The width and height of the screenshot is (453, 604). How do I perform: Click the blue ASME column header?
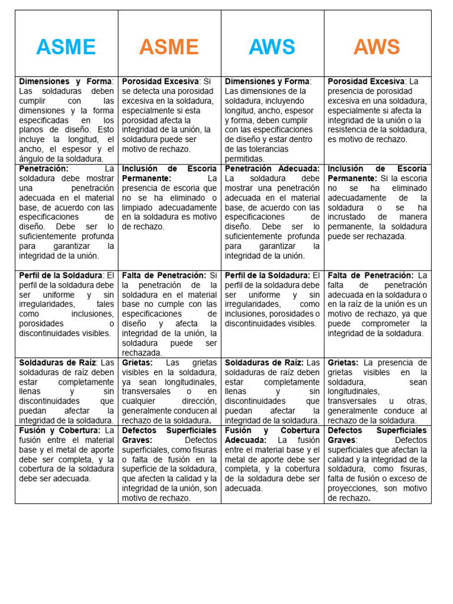65,47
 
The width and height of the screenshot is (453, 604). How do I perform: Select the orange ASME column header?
169,47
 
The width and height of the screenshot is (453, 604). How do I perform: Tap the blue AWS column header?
272,47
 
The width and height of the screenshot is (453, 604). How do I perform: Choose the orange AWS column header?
376,47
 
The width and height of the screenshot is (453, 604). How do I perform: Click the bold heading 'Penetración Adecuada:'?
273,169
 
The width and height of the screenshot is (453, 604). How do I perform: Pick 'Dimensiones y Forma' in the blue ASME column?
65,81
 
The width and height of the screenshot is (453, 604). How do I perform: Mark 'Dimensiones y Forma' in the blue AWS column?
267,81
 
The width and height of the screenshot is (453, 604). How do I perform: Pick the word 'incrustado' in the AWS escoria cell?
347,217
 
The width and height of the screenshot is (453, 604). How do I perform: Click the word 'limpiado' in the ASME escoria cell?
139,208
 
